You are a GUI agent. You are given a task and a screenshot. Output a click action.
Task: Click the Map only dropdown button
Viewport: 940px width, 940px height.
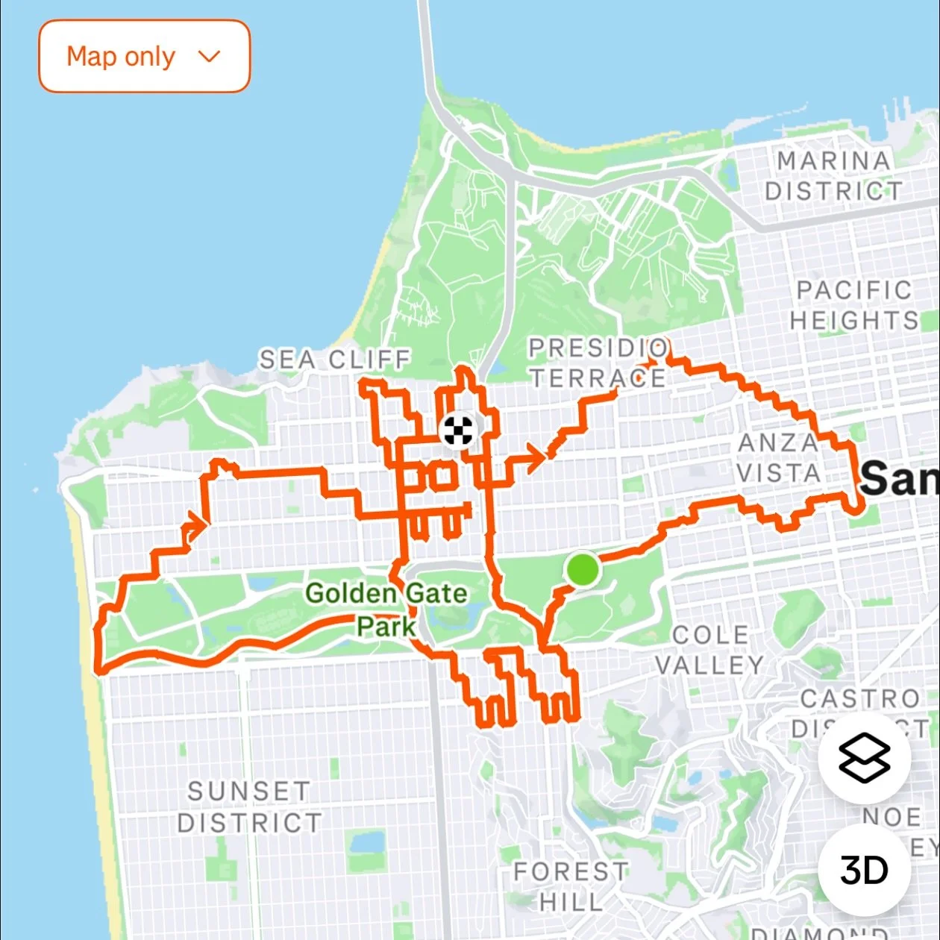[x=144, y=57]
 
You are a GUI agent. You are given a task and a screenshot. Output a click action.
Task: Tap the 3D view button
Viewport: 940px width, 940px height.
[x=864, y=869]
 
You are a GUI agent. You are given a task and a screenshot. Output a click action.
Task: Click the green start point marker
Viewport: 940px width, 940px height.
[x=583, y=569]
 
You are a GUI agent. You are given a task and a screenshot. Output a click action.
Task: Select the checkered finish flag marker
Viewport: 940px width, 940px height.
[x=457, y=430]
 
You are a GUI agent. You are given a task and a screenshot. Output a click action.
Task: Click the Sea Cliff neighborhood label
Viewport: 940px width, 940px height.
[x=334, y=360]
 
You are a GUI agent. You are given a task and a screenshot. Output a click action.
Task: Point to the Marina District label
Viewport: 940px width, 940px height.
[x=833, y=176]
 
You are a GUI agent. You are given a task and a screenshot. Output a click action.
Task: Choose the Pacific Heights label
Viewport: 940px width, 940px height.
[x=854, y=305]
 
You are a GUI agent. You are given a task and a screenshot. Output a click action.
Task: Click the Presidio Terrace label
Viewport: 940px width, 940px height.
[x=598, y=363]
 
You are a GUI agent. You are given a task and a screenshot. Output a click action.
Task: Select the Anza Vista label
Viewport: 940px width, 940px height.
[x=779, y=457]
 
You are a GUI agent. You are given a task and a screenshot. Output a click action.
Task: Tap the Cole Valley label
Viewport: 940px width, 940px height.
[x=709, y=650]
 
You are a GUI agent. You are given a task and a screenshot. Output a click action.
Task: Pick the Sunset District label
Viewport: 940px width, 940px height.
[x=249, y=807]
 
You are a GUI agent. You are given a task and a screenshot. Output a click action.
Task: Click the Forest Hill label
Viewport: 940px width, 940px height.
[x=571, y=886]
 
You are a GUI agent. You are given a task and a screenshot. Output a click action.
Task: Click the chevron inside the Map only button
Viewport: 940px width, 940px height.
[x=210, y=57]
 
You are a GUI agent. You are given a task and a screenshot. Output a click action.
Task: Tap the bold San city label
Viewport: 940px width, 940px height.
[x=898, y=478]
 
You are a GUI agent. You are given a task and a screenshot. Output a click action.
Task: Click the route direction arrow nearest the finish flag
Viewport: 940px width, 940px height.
[x=533, y=458]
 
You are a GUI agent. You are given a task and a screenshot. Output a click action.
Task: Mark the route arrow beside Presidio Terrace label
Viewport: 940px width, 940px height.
[x=651, y=363]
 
